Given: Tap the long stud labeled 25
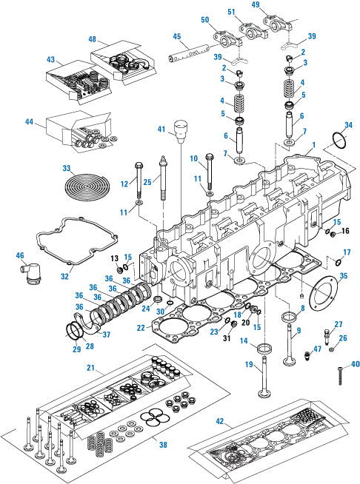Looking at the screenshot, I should click(x=160, y=181).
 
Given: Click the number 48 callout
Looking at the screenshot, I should click(x=93, y=39).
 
